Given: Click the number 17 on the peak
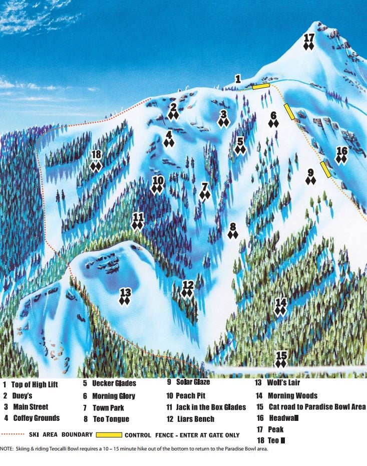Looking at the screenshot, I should (309, 38).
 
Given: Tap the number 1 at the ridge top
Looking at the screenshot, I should (238, 79).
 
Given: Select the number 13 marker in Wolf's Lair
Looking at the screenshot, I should (125, 292).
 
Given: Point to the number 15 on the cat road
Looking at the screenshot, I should (281, 355).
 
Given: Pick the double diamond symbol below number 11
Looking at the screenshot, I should (138, 226).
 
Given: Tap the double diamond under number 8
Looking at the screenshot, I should (233, 235).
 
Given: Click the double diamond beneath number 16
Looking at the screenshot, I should (341, 160).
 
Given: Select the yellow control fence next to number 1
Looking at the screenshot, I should (261, 87).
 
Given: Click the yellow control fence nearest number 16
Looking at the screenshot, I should (325, 169).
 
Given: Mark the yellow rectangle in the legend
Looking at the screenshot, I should (109, 434).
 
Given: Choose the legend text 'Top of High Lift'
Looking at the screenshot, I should (35, 385).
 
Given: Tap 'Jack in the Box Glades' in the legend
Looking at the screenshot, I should (211, 407).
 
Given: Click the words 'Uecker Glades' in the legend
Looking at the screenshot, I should (114, 384).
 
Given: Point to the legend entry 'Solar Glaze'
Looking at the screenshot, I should (192, 382).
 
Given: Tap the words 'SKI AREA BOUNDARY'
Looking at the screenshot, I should (62, 434).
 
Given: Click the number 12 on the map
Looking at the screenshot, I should (188, 284).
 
